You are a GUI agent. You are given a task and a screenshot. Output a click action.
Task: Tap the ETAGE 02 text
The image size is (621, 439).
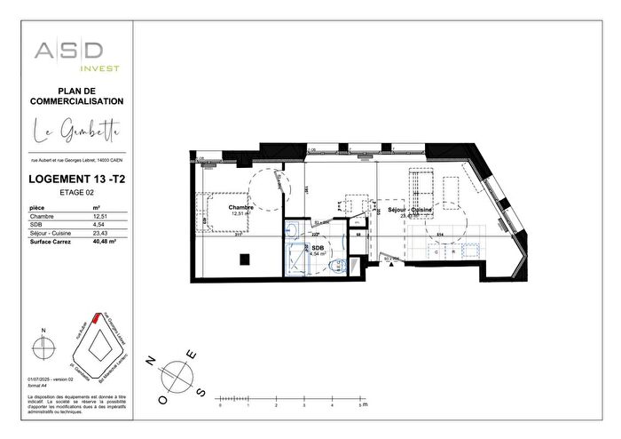pos(76,192)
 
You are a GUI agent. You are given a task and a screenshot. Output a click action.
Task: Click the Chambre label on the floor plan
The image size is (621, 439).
pos(240,208)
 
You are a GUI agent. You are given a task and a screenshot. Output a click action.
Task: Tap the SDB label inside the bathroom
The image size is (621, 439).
pos(316,248)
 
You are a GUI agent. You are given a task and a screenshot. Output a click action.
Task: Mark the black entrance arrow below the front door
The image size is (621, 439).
pos(388,259)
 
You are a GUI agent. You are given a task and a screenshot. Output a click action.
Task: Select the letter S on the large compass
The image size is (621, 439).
pos(201,393)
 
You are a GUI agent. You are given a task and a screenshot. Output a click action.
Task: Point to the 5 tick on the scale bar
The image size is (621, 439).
pos(359,404)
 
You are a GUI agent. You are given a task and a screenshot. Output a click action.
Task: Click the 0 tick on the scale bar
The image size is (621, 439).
pos(219,404)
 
